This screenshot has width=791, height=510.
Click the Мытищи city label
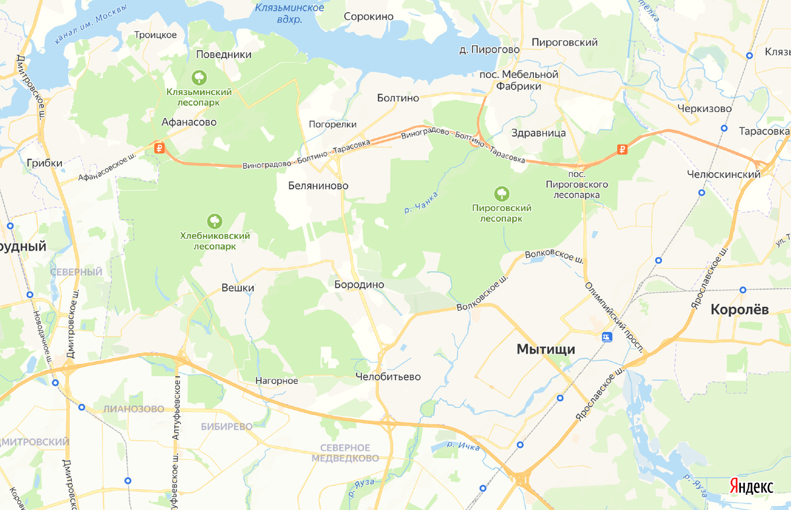tap(546, 349)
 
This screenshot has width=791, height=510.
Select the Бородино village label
tap(359, 284)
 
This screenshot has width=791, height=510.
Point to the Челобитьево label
tap(388, 377)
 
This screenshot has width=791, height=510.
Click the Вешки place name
tap(238, 288)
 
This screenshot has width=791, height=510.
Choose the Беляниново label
tap(318, 186)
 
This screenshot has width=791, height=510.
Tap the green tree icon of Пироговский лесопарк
tap(502, 193)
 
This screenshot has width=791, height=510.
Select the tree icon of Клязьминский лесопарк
tap(198, 78)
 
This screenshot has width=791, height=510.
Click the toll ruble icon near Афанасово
tap(159, 148)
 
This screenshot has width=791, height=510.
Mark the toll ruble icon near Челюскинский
tap(622, 149)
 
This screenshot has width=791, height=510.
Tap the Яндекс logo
tap(751, 486)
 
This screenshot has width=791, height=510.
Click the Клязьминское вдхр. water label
tap(289, 13)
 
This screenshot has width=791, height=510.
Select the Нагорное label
tap(278, 381)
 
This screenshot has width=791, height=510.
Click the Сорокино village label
tap(368, 16)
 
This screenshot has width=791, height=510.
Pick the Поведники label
tap(224, 55)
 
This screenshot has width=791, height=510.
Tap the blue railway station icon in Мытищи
tap(607, 337)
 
